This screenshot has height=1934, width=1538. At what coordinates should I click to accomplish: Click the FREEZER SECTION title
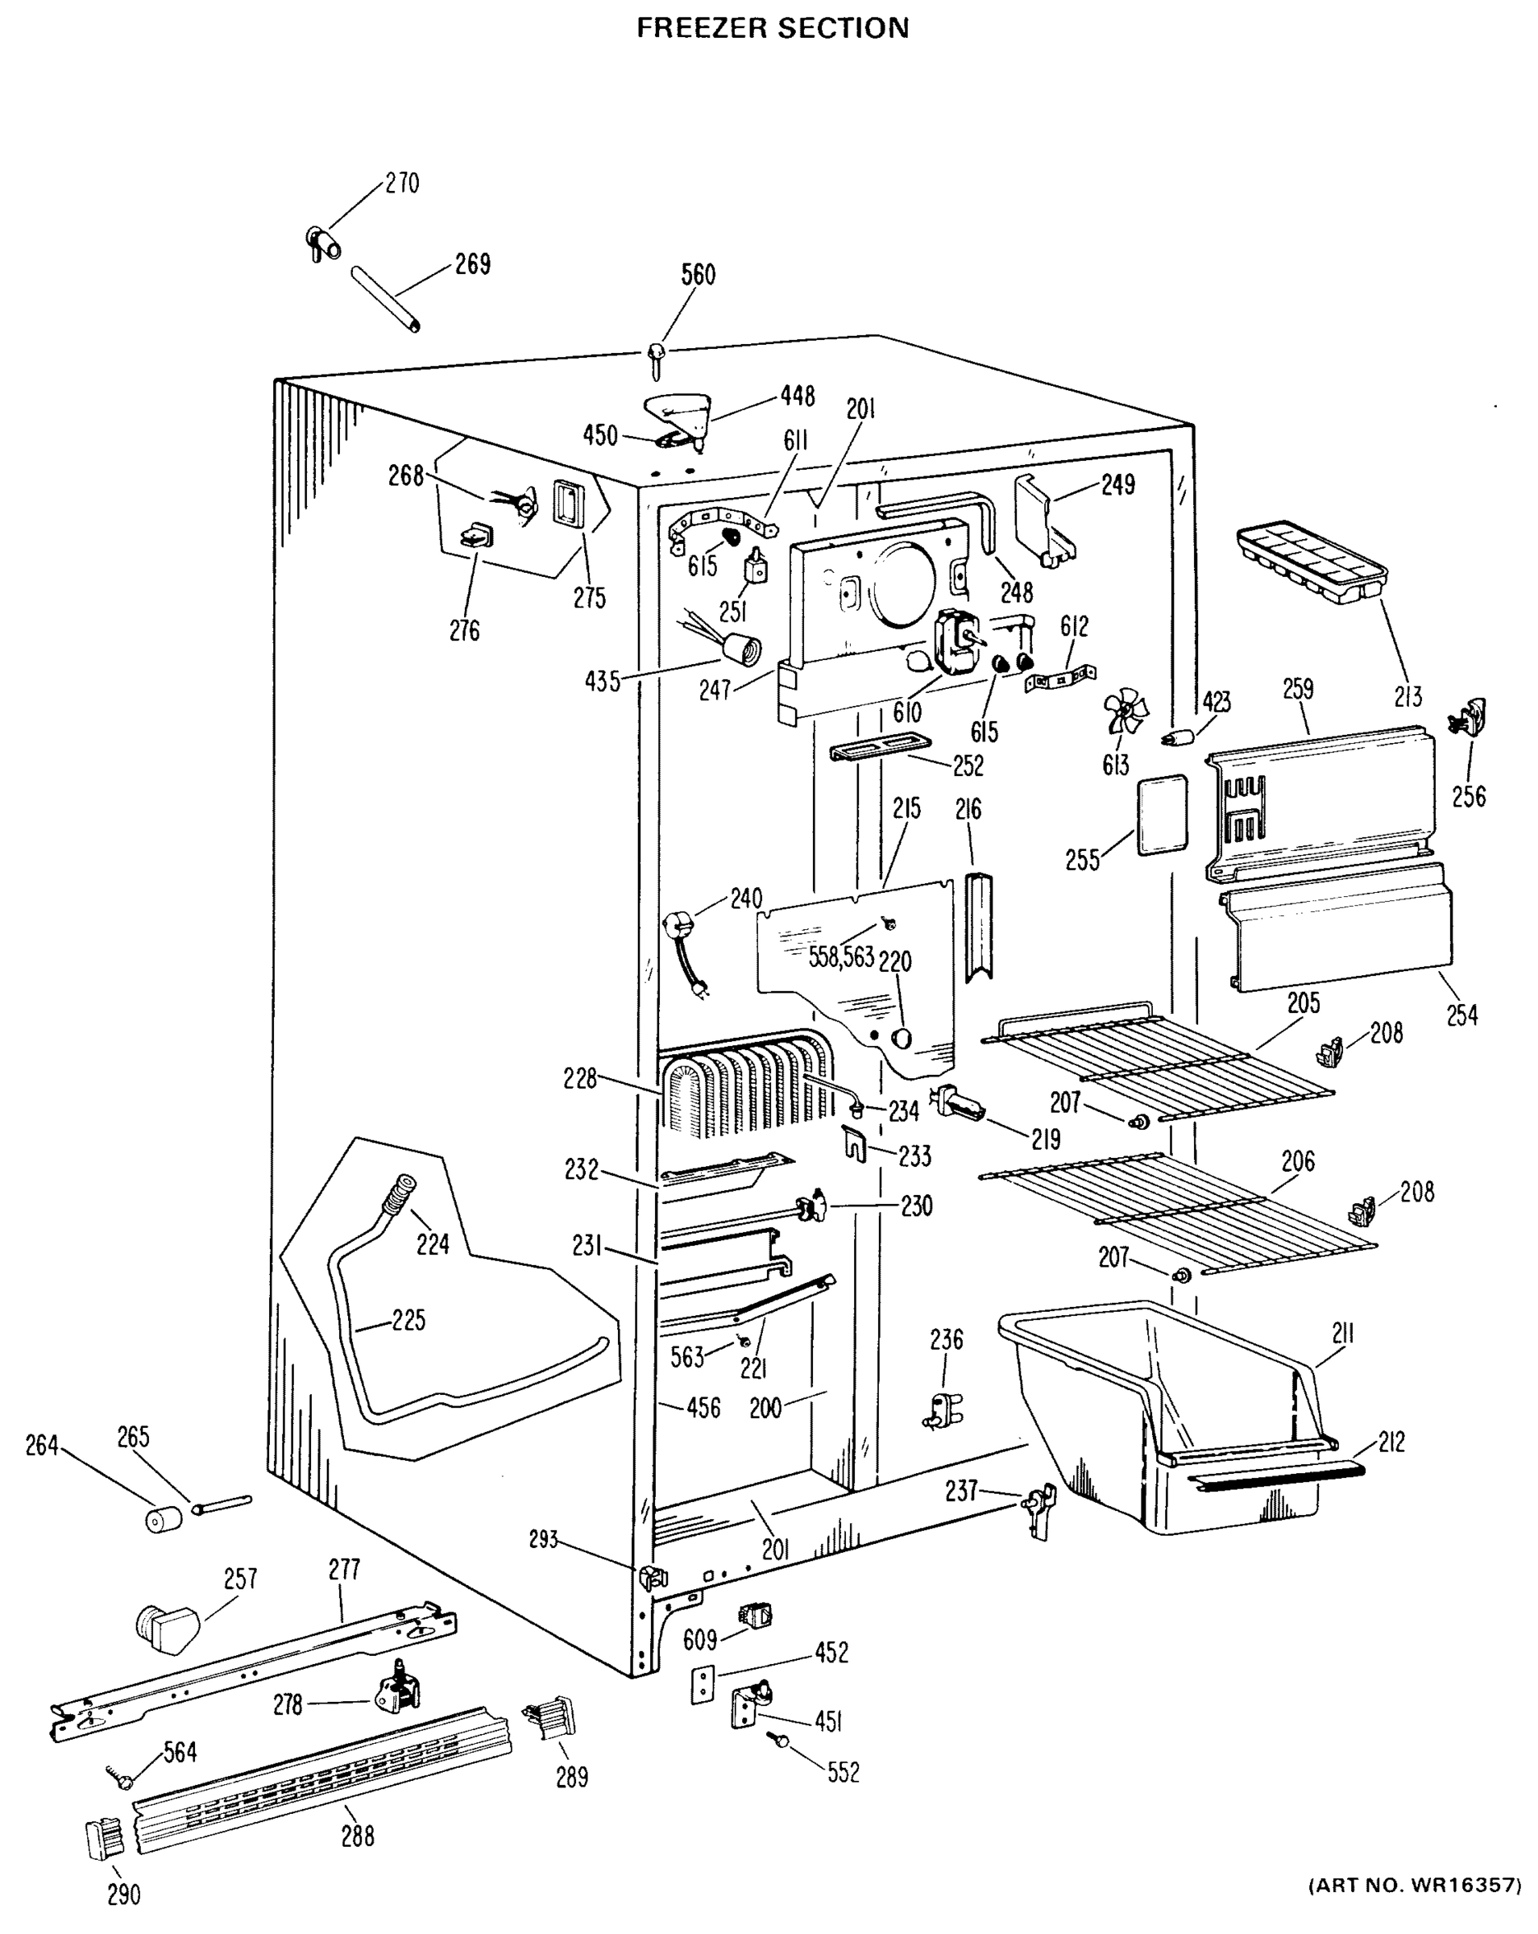(x=772, y=28)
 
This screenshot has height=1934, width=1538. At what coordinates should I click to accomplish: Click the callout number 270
(x=402, y=183)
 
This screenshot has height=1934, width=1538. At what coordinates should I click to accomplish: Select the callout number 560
(x=698, y=275)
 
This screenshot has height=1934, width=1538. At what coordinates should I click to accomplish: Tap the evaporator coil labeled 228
(x=744, y=1087)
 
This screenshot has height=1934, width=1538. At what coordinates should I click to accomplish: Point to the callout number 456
(x=703, y=1408)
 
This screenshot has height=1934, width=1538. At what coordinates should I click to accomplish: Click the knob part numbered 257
(x=168, y=1625)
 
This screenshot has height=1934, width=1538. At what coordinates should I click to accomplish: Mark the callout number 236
(x=946, y=1339)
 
